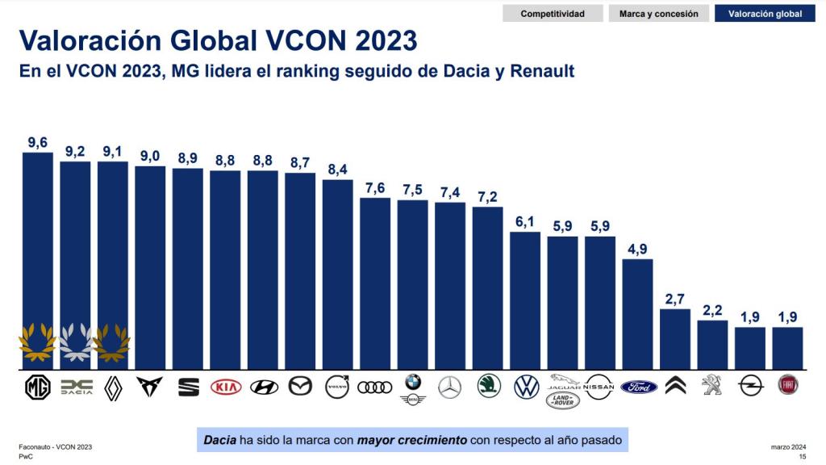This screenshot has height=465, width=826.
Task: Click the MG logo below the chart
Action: click(x=37, y=388)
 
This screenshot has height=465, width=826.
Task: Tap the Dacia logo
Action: click(x=75, y=388)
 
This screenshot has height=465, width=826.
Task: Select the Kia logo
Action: click(x=226, y=387)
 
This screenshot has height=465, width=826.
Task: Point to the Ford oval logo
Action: click(x=639, y=387)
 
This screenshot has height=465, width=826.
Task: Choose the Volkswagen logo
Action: click(x=526, y=387)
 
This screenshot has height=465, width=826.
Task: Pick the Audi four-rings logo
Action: click(x=375, y=387)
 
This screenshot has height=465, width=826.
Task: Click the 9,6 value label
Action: click(x=37, y=143)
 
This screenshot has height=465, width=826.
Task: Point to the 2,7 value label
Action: click(x=676, y=299)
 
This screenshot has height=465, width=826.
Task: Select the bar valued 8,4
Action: click(x=338, y=274)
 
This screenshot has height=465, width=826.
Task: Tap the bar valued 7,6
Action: click(x=375, y=283)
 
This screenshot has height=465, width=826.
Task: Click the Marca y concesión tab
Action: click(x=659, y=14)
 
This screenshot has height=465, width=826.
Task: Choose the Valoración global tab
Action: click(x=765, y=14)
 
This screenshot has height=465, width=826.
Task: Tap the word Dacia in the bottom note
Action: click(x=220, y=440)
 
